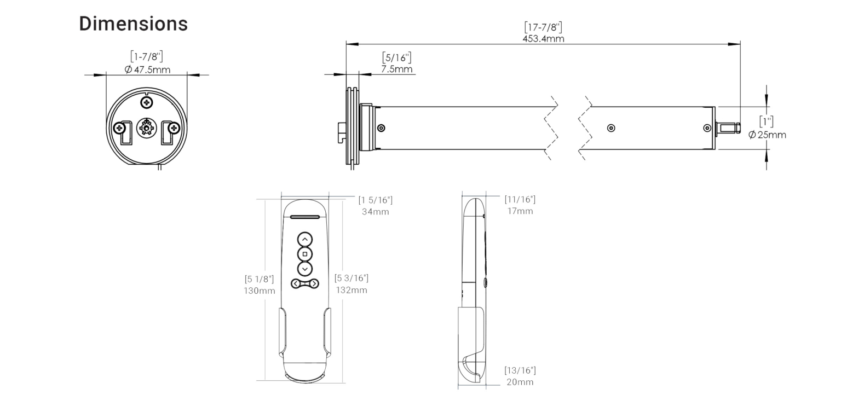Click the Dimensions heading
tap(134, 24)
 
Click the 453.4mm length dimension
tap(543, 38)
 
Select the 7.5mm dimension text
tap(396, 69)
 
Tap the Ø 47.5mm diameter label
tap(147, 69)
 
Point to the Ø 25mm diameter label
tap(767, 135)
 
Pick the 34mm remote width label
tap(375, 211)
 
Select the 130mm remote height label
tap(260, 291)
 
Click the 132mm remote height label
tap(351, 290)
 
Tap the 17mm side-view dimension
tap(520, 211)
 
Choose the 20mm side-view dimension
tap(520, 382)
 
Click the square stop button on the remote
tap(305, 254)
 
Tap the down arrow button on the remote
tap(305, 269)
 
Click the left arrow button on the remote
tap(296, 283)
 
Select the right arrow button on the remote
tap(314, 283)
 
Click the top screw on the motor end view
tap(146, 102)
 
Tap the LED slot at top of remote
tap(305, 217)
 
